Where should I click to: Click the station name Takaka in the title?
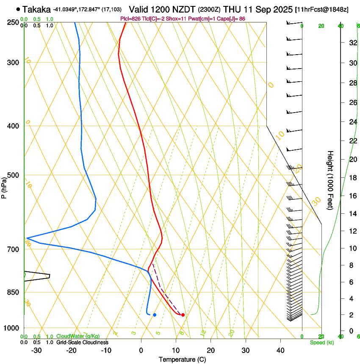(36, 9)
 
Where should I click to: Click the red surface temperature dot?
(183, 315)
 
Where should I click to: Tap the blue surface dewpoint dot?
(155, 315)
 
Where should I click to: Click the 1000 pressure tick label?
(12, 328)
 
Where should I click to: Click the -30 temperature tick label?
(36, 350)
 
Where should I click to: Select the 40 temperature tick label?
(280, 350)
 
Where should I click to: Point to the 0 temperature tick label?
(141, 350)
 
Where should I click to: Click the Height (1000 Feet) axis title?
(331, 180)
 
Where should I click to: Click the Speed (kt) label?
(321, 342)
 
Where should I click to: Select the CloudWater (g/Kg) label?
(78, 336)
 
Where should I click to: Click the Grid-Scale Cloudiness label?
(82, 342)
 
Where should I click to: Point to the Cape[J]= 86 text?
(232, 19)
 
